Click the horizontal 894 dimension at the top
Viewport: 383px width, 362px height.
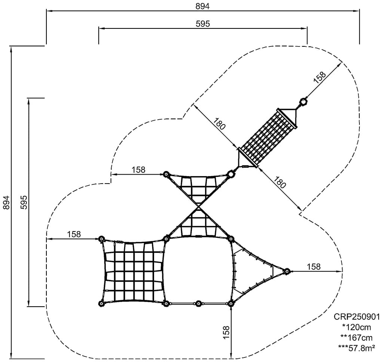coord(202,6)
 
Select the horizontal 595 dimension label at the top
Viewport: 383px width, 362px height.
coord(203,24)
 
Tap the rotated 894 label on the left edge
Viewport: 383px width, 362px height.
coord(7,202)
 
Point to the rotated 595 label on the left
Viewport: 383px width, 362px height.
coord(24,202)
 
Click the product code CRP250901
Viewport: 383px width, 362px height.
coord(357,317)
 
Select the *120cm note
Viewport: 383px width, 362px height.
coord(356,327)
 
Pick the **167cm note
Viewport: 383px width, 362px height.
coord(356,338)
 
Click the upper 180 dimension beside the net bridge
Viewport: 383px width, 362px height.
coord(219,124)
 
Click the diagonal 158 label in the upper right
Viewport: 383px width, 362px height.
coord(320,77)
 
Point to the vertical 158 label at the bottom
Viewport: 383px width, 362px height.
coord(226,332)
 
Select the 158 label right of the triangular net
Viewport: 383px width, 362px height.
coord(314,267)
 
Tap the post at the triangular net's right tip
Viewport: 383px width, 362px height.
coord(287,271)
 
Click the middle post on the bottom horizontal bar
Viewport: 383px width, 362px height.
coord(198,304)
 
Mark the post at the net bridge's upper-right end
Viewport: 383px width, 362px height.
coord(303,101)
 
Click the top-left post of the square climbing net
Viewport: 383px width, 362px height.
coord(101,239)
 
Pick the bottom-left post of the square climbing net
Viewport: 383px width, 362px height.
coord(101,304)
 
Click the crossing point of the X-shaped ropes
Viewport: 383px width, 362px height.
coord(198,207)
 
